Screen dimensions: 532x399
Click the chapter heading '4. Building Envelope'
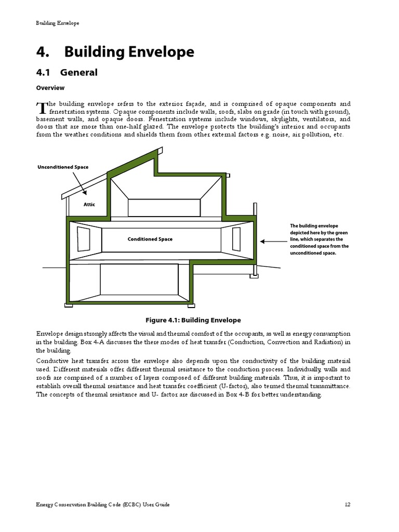click(x=115, y=52)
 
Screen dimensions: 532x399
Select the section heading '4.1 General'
click(x=66, y=73)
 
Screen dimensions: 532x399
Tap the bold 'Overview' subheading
click(x=50, y=88)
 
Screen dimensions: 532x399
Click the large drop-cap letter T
click(x=41, y=108)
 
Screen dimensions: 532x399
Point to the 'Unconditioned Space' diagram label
click(x=62, y=167)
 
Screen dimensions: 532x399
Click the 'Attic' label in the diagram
click(x=89, y=205)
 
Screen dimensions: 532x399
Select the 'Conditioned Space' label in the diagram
click(x=150, y=240)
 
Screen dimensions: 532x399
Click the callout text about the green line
click(x=319, y=240)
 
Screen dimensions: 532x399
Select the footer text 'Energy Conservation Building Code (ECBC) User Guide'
click(x=103, y=504)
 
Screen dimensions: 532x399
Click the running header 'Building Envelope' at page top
click(x=58, y=23)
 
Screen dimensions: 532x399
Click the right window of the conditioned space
click(x=236, y=239)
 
